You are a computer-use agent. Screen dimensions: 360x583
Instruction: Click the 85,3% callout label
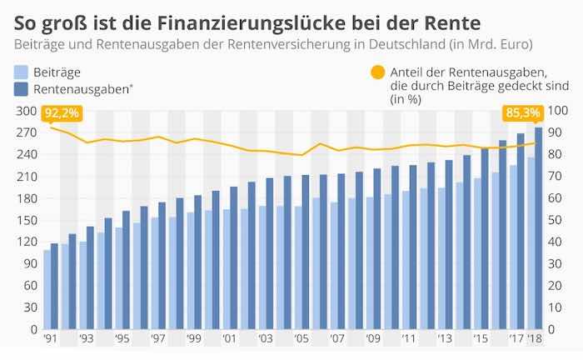[521, 112]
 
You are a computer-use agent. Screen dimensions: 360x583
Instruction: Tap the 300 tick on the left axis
[26, 111]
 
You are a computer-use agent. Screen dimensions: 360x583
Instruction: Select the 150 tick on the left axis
[26, 221]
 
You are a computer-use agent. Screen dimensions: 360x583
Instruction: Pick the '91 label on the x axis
[50, 340]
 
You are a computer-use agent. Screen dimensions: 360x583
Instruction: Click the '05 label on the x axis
[301, 340]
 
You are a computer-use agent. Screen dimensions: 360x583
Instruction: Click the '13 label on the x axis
[445, 340]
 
